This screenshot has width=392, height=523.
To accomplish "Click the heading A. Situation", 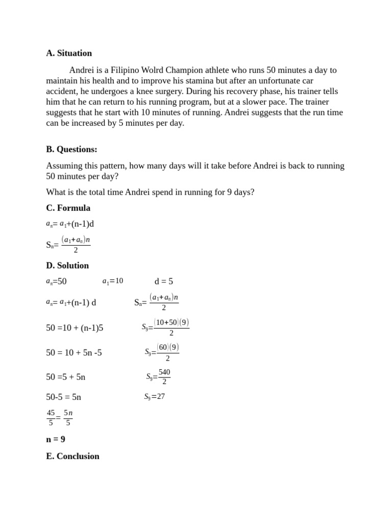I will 69,53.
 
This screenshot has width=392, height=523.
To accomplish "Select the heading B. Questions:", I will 71,149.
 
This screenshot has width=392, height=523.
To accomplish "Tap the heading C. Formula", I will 68,208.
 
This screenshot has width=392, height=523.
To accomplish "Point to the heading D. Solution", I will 67,266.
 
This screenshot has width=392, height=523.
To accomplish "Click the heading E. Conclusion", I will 72,456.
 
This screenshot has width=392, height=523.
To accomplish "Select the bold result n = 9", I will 56,439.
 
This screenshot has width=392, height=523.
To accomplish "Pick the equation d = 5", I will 164,281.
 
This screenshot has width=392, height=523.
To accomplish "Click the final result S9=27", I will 155,396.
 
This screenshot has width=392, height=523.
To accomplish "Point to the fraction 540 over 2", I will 164,377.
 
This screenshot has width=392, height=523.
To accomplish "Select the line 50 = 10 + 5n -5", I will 74,352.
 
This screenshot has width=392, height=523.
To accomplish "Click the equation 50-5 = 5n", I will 64,397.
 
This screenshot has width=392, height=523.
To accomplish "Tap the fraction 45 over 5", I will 51,417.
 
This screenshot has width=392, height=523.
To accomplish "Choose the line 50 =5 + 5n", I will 66,377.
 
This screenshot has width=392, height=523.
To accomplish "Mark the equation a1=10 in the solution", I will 113,281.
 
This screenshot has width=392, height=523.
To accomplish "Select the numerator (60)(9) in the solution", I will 167,348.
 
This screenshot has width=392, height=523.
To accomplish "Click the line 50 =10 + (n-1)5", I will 75,328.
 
